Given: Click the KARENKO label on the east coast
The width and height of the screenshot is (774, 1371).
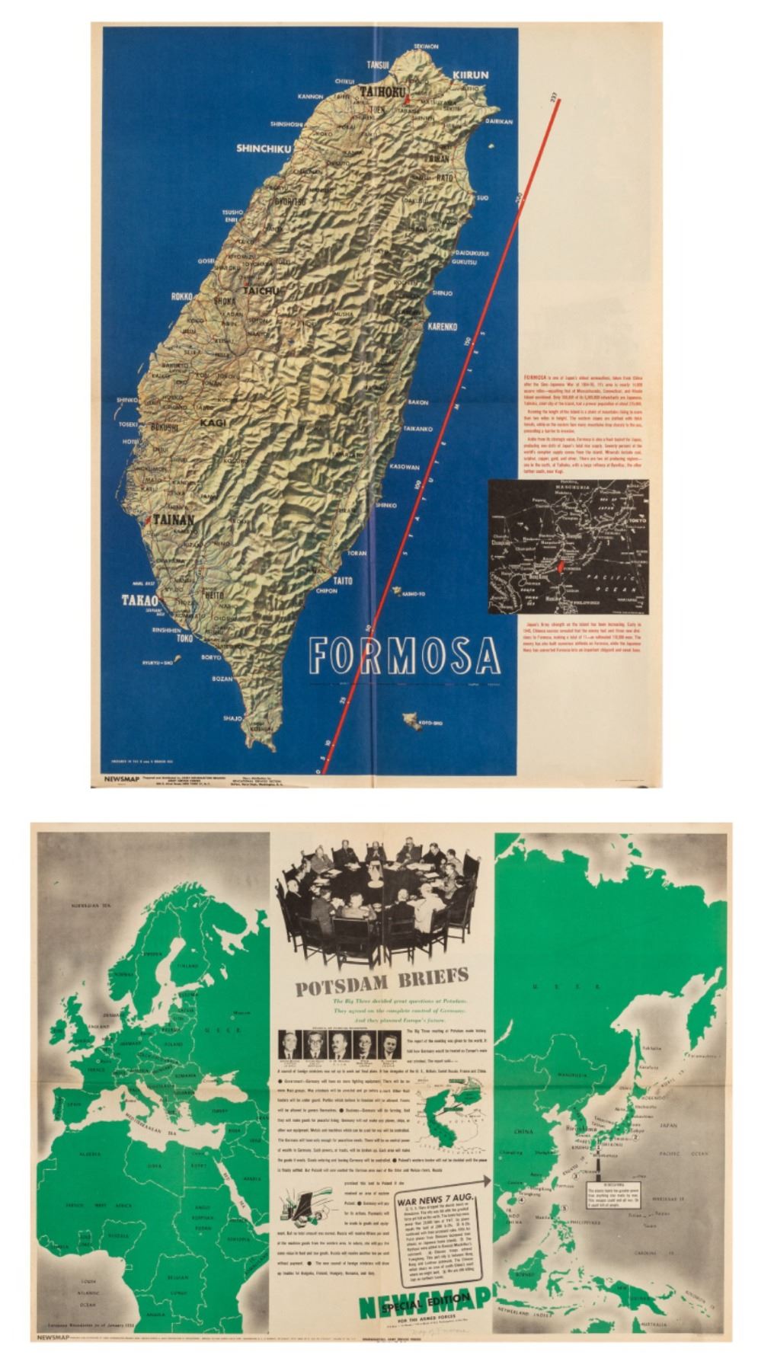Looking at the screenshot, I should [440, 328].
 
